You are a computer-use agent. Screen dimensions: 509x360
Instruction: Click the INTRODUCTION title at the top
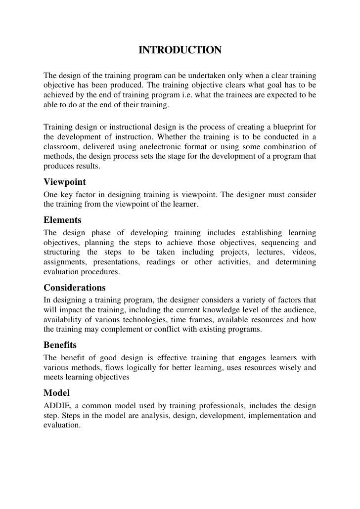point(180,51)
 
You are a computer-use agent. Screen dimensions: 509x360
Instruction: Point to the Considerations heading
point(75,288)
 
